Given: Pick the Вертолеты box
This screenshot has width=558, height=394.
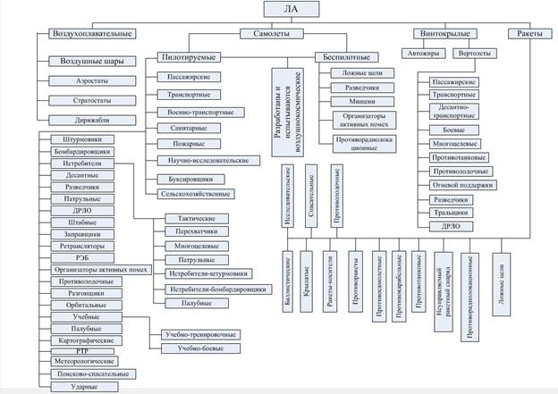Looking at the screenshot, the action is pos(473,54).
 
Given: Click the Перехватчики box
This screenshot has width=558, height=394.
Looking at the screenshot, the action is pos(196,231).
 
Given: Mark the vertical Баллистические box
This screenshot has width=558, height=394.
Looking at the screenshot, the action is pos(288,284).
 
